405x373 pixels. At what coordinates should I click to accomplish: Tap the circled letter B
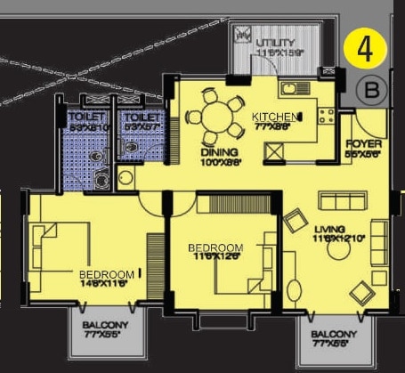tap(373, 89)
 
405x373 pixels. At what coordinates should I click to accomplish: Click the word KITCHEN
tap(272, 118)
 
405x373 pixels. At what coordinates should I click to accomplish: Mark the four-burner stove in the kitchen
tap(326, 115)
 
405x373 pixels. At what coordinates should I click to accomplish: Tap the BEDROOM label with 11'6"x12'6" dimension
tap(215, 247)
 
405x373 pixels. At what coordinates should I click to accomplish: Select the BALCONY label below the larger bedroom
tap(106, 327)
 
